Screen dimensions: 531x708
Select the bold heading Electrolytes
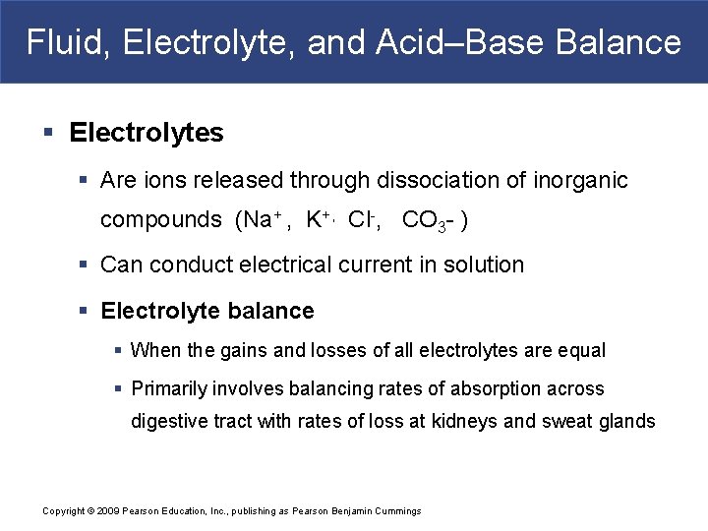(147, 133)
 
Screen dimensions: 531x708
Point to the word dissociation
(441, 181)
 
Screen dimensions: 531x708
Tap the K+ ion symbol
(317, 219)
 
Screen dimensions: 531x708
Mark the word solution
(481, 265)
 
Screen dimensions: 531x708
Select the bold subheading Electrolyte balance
(207, 312)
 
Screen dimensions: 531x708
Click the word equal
(583, 350)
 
